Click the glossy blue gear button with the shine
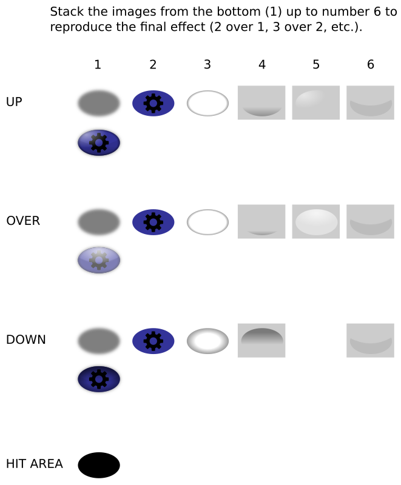tap(99, 142)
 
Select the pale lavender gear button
tap(99, 260)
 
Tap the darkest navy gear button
tap(99, 379)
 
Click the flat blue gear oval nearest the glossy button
tap(153, 103)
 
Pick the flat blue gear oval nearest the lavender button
tap(153, 222)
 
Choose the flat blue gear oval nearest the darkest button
tap(153, 341)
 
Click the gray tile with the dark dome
tap(261, 340)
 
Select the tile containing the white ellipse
tap(316, 222)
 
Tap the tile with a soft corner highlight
tap(316, 103)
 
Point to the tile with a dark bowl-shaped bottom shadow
tap(261, 103)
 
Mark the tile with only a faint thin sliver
tap(261, 222)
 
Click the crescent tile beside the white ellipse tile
tap(370, 222)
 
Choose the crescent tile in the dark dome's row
tap(370, 340)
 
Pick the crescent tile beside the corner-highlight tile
tap(370, 103)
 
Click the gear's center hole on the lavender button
tap(99, 260)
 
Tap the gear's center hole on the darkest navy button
tap(99, 379)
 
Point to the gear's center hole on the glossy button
tap(99, 142)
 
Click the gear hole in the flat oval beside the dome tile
tap(153, 341)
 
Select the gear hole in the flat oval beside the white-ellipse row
tap(153, 222)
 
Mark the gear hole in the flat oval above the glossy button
tap(153, 103)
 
